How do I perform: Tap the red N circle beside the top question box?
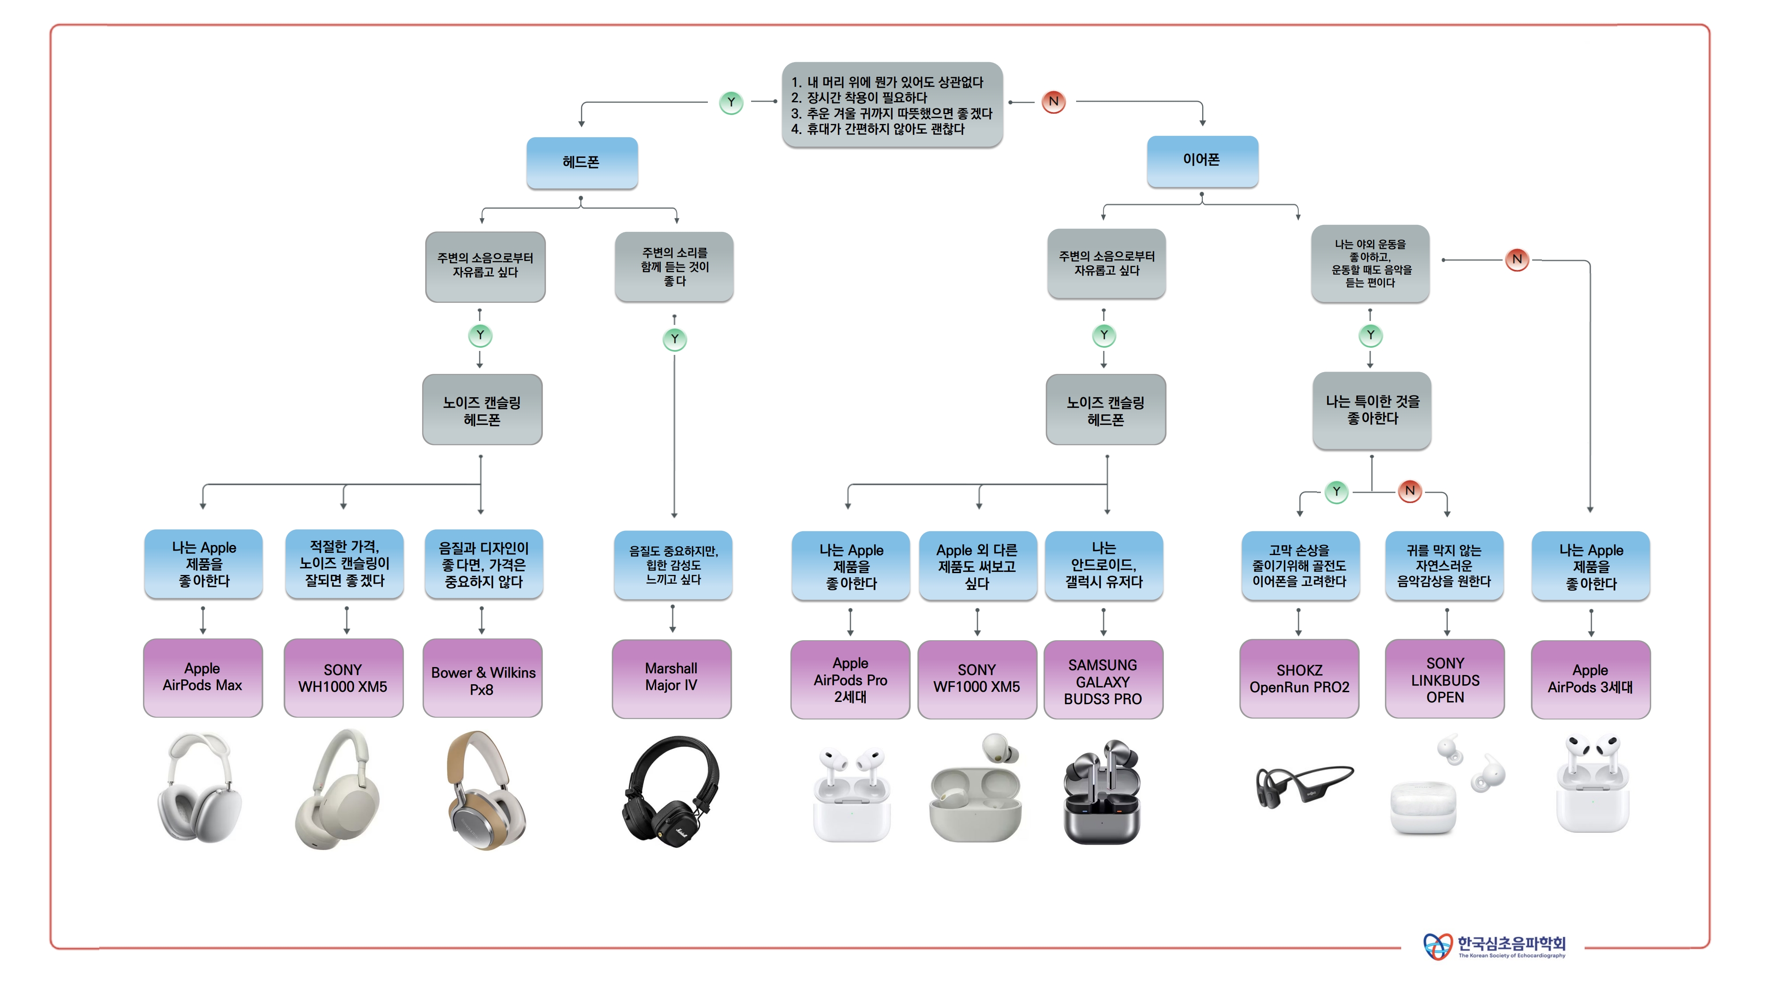coord(1053,102)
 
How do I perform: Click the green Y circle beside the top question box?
coord(731,102)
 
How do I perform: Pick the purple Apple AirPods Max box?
coord(203,678)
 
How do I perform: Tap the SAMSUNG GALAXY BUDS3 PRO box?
coord(1103,680)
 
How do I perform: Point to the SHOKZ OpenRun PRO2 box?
coord(1299,679)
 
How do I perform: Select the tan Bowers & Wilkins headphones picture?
coord(485,790)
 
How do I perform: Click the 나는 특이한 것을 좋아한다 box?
coord(1372,410)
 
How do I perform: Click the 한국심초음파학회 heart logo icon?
coord(1437,946)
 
